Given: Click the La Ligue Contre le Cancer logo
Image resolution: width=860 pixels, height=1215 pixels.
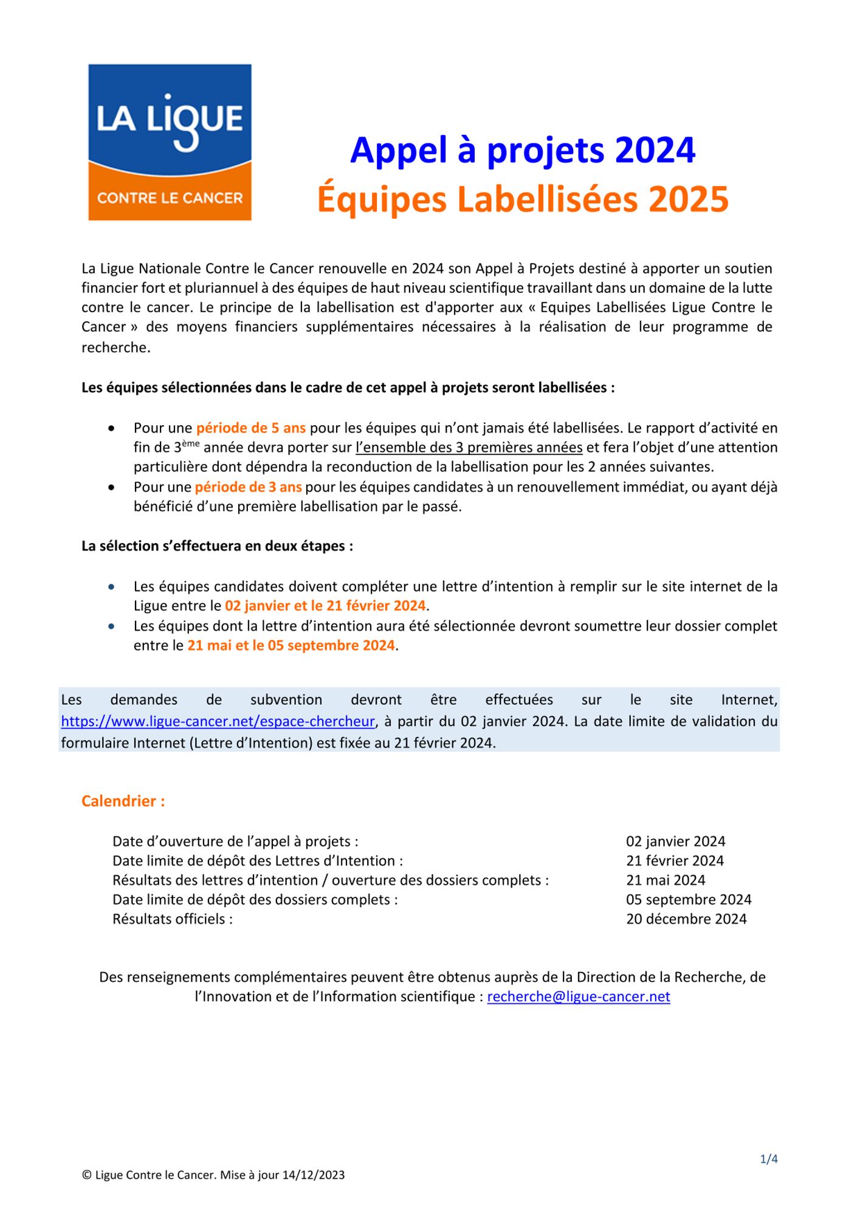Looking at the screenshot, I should coord(170,142).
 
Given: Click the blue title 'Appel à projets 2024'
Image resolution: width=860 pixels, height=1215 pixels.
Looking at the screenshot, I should coord(523,150).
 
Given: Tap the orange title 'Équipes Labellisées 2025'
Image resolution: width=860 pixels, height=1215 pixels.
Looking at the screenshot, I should coord(523,199).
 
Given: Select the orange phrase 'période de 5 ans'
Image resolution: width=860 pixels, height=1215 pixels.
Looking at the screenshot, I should coord(250,428).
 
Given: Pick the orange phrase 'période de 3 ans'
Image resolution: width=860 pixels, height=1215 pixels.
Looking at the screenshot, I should coord(248,487).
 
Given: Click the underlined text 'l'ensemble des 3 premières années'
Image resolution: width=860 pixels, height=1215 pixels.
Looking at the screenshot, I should coord(469,448).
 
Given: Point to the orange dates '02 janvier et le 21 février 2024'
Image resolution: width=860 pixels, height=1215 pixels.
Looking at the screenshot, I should coord(325,606).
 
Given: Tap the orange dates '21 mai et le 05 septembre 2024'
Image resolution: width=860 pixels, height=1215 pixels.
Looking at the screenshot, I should coord(291,645).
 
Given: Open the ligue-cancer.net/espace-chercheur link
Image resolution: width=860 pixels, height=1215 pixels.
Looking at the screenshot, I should coord(218,722).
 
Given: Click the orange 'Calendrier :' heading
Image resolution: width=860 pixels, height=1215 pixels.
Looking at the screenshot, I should coord(123,801).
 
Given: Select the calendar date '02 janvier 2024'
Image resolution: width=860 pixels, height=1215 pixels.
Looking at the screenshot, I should coord(675,841).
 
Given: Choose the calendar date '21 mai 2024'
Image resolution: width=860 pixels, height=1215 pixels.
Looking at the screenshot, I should coord(666,880).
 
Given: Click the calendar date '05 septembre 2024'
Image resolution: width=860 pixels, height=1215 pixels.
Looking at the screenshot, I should coord(689,900).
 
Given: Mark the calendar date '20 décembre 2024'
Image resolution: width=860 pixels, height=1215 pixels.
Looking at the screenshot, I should coord(686,919).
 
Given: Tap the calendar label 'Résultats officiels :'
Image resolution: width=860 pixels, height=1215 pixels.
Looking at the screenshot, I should coord(173,919).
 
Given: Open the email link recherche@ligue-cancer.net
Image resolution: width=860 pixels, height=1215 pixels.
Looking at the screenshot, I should coord(579,997).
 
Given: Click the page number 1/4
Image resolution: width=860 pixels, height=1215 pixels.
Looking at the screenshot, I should coord(769,1159).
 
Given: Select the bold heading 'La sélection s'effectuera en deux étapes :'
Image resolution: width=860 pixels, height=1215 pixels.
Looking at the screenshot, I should coord(218,546).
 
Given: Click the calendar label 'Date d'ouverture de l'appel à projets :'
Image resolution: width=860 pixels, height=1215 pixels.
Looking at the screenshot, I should coord(235,841).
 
